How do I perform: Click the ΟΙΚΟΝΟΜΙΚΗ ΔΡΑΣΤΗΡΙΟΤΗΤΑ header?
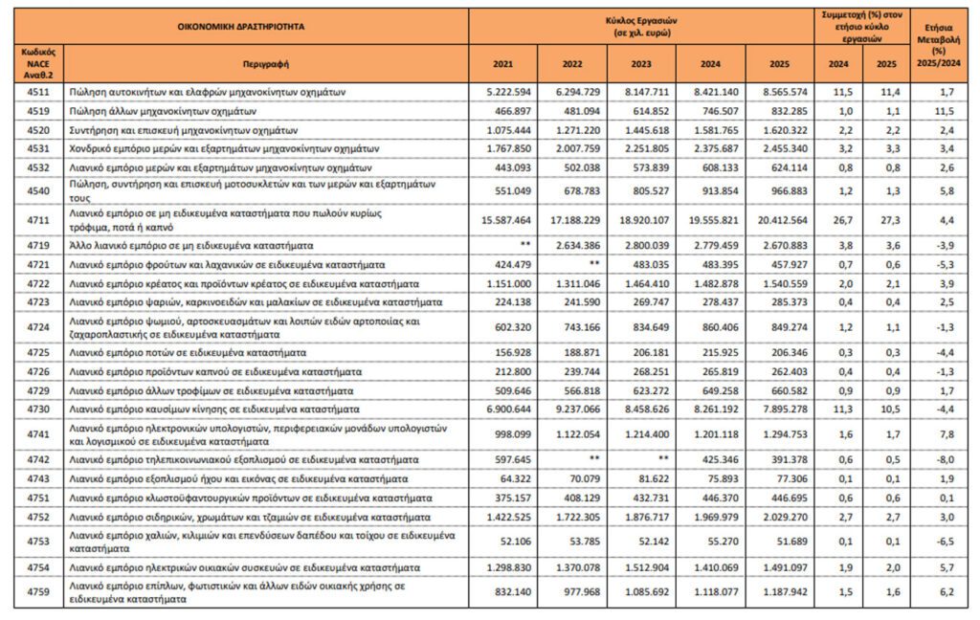click(241, 26)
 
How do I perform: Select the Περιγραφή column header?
click(265, 63)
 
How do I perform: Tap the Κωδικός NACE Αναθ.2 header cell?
click(38, 63)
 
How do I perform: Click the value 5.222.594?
click(502, 93)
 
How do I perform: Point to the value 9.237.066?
click(571, 409)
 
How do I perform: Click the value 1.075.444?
click(502, 129)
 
